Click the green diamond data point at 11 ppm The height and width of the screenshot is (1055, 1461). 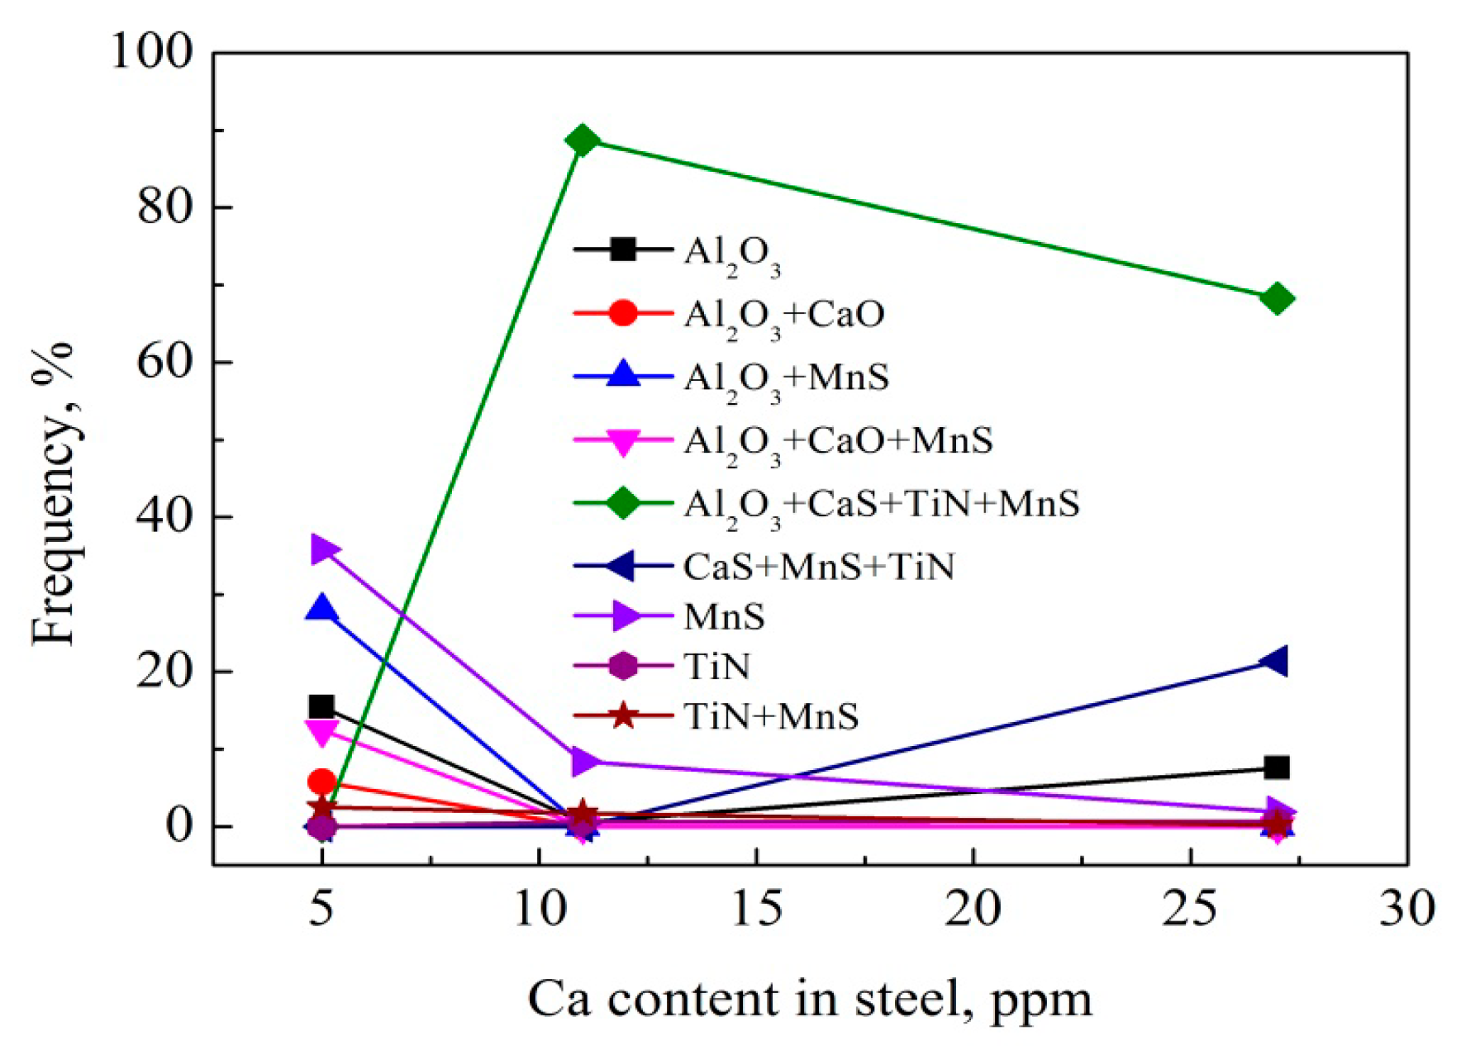click(x=582, y=140)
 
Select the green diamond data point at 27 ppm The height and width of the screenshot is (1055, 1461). click(x=1277, y=298)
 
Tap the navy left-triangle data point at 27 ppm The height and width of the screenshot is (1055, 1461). click(x=1275, y=661)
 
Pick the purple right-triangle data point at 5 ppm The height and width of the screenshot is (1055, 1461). click(x=323, y=549)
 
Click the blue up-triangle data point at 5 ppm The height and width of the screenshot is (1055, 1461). click(x=321, y=609)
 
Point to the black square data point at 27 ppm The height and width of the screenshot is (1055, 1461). click(x=1277, y=767)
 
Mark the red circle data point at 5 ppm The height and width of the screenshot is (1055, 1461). click(x=321, y=782)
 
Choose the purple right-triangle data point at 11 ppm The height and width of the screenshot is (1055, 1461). click(x=584, y=761)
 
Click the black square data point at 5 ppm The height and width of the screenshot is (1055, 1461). click(x=321, y=706)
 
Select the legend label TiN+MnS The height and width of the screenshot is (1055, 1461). click(x=771, y=716)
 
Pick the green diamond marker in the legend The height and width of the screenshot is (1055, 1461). click(x=623, y=502)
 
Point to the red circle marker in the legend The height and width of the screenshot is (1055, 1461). click(x=623, y=313)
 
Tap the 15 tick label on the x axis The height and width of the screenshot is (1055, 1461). click(x=756, y=909)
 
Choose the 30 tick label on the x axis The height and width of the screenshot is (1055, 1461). click(x=1406, y=909)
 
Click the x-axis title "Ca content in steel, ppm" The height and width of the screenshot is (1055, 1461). click(x=810, y=998)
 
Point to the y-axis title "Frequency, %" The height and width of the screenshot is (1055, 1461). click(x=53, y=492)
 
